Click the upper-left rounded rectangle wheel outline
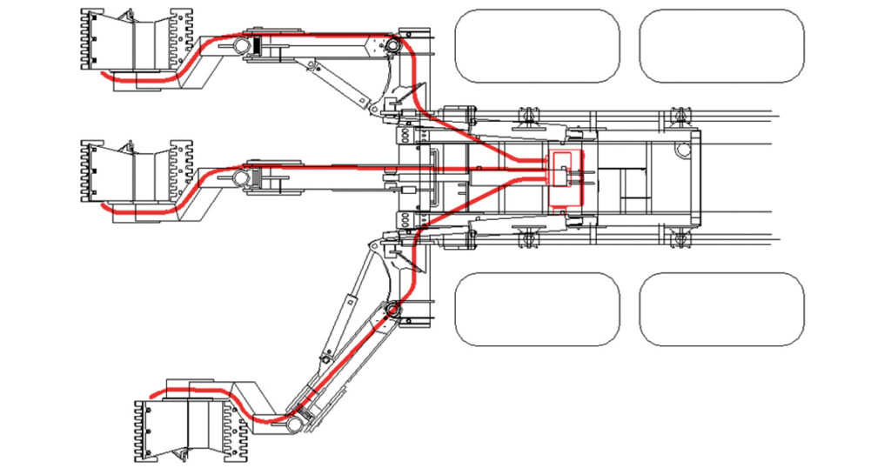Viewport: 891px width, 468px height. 537,45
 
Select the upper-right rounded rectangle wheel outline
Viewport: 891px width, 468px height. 721,45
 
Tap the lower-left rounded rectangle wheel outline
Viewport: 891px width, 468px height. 537,309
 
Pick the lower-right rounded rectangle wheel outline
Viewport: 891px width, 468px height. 721,309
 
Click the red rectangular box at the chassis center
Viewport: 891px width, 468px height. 565,178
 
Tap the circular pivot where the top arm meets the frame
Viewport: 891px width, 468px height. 392,45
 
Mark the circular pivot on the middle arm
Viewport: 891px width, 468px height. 240,178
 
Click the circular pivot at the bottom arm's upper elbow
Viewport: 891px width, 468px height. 392,311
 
